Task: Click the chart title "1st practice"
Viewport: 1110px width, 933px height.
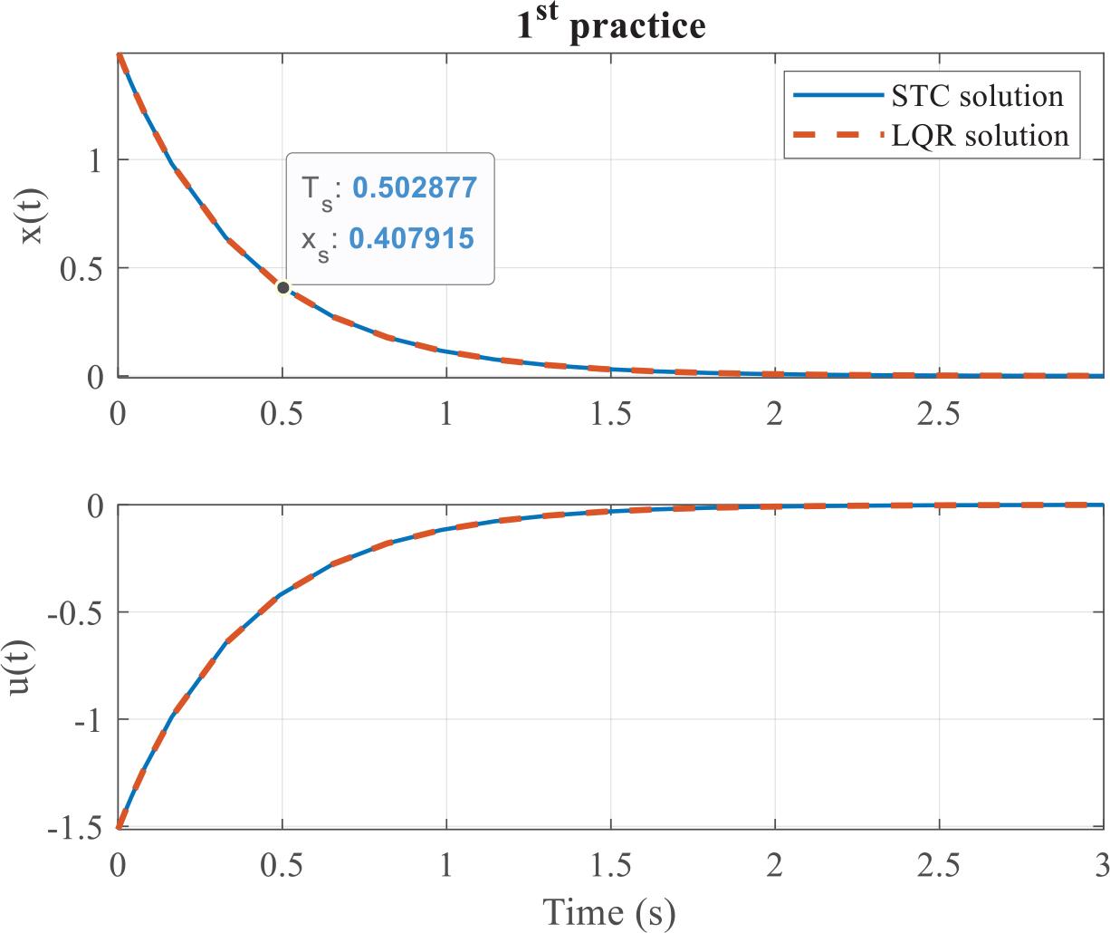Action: pos(610,24)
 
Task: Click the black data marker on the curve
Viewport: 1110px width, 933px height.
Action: pos(283,288)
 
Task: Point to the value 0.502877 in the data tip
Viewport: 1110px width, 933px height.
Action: pos(414,188)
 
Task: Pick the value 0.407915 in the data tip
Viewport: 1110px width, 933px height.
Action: pos(411,238)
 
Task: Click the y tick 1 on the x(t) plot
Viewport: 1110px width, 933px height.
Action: pos(95,160)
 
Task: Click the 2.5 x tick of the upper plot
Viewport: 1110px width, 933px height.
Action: pos(939,413)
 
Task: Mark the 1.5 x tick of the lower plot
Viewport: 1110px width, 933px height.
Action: pos(610,866)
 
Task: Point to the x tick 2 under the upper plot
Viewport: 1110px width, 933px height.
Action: pos(774,413)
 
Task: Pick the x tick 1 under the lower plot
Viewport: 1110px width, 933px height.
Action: pos(446,866)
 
